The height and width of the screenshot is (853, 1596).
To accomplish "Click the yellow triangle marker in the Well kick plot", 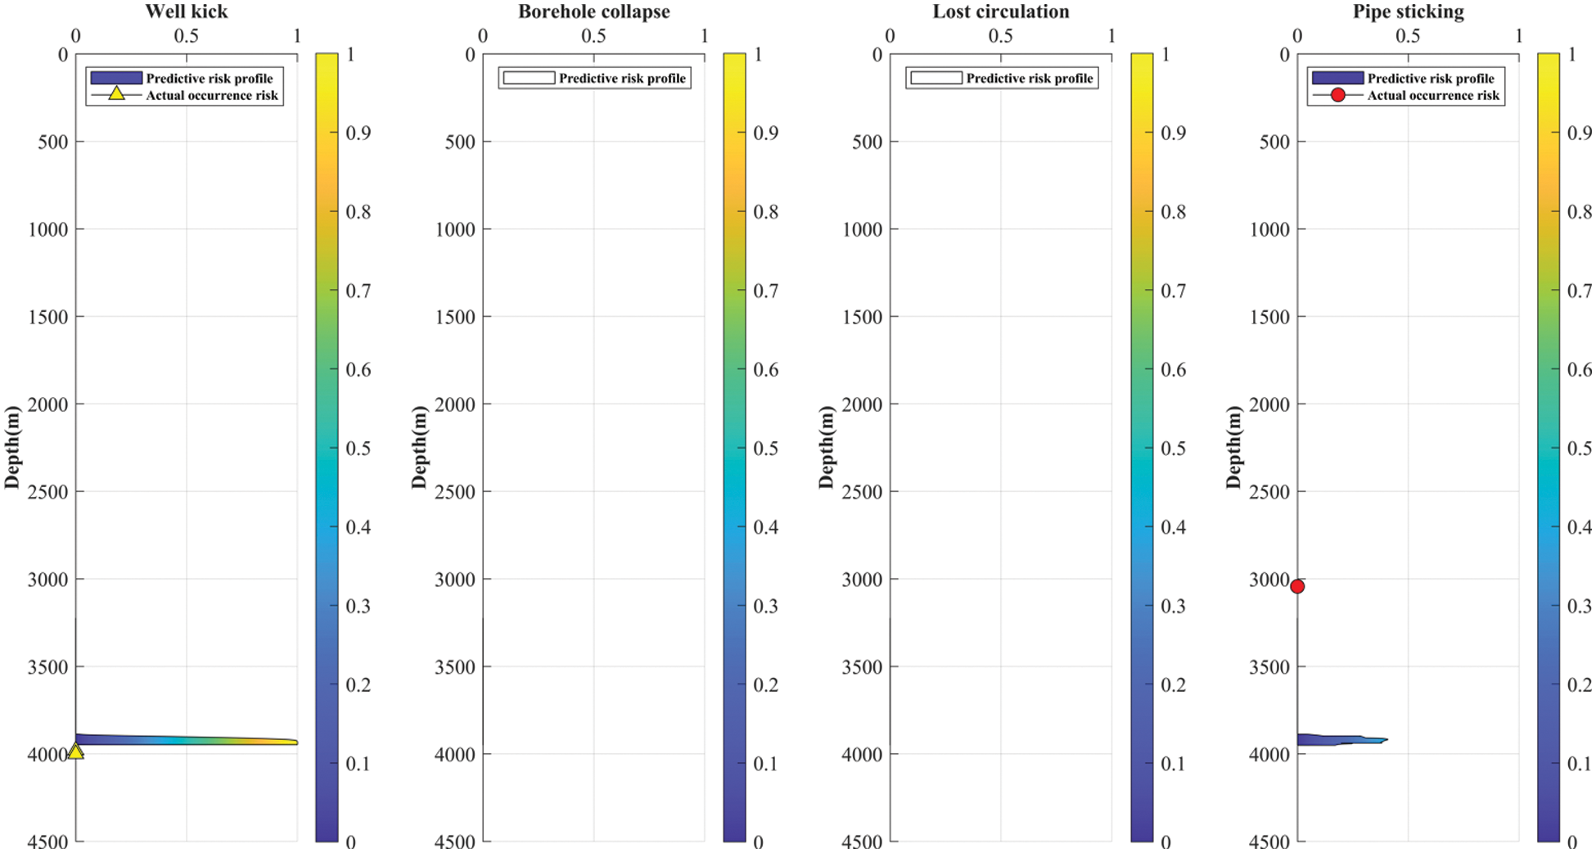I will pyautogui.click(x=75, y=751).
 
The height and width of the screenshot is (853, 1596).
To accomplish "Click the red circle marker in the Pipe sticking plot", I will pyautogui.click(x=1297, y=586).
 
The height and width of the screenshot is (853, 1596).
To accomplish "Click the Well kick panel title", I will pyautogui.click(x=187, y=11).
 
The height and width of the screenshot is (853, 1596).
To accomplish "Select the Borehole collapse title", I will pyautogui.click(x=593, y=11).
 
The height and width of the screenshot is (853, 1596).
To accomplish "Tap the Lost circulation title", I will pyautogui.click(x=1000, y=11).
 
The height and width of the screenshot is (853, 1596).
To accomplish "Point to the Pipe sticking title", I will pyautogui.click(x=1408, y=11).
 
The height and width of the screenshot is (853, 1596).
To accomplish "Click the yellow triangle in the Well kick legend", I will pyautogui.click(x=116, y=94).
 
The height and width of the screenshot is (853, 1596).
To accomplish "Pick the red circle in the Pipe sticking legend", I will pyautogui.click(x=1337, y=95).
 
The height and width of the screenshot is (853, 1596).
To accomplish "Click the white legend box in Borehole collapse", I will pyautogui.click(x=529, y=78).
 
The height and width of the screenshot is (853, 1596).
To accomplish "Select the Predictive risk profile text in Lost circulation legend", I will pyautogui.click(x=1029, y=79).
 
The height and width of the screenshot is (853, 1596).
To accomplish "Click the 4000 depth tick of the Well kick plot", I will pyautogui.click(x=47, y=754).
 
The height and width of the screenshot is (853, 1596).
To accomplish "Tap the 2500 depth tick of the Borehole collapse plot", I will pyautogui.click(x=454, y=491).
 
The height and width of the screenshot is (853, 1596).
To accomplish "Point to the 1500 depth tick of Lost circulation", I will pyautogui.click(x=862, y=317).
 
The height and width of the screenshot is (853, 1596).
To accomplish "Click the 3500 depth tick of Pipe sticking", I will pyautogui.click(x=1269, y=666).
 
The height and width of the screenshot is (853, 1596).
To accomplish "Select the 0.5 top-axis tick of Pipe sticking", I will pyautogui.click(x=1408, y=36).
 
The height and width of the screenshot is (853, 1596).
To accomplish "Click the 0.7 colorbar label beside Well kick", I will pyautogui.click(x=358, y=291).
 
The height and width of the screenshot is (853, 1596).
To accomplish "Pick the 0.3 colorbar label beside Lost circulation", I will pyautogui.click(x=1173, y=606).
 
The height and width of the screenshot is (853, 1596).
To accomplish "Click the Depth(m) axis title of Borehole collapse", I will pyautogui.click(x=419, y=447).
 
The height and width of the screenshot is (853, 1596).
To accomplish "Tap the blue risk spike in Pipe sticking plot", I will pyautogui.click(x=1342, y=740).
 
